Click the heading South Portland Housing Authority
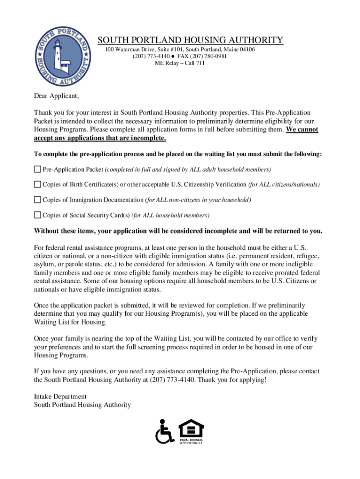[x=190, y=40]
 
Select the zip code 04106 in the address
[x=246, y=50]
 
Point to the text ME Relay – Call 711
[x=180, y=64]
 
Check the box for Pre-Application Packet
[x=37, y=169]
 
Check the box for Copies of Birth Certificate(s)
[x=37, y=184]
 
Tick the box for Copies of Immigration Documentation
[x=37, y=200]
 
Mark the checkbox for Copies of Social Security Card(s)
[x=37, y=215]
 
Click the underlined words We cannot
[x=302, y=130]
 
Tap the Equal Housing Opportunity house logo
[x=191, y=430]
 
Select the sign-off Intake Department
[x=60, y=396]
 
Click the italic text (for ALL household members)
[x=171, y=215]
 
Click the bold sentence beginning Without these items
[x=178, y=232]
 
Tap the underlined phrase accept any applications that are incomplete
[x=100, y=138]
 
